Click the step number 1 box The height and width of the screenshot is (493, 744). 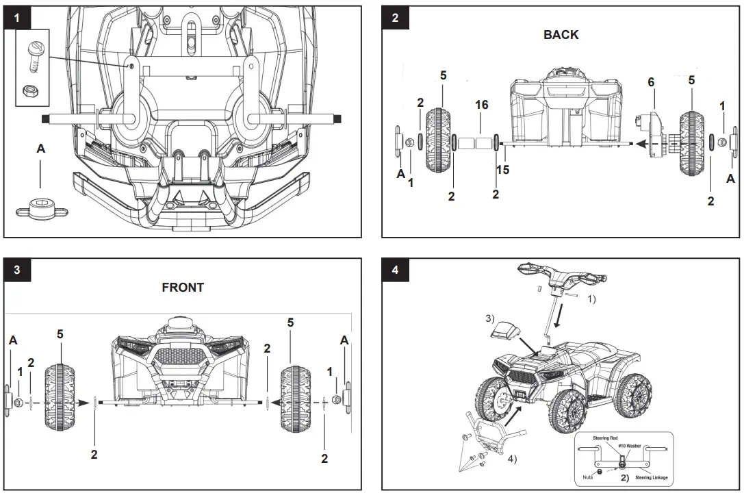point(17,19)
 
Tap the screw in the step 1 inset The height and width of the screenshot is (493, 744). point(32,53)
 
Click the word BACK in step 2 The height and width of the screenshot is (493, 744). point(561,35)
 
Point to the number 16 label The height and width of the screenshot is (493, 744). point(481,105)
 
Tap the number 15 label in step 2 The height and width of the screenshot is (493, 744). point(503,170)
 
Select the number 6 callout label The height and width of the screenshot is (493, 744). point(651,83)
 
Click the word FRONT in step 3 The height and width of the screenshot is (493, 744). point(183,288)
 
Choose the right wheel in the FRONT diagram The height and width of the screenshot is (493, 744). point(296,399)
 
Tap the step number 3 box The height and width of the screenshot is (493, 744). point(17,270)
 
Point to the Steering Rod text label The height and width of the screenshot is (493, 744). point(604,438)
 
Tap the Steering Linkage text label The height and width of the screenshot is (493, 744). point(651,477)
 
